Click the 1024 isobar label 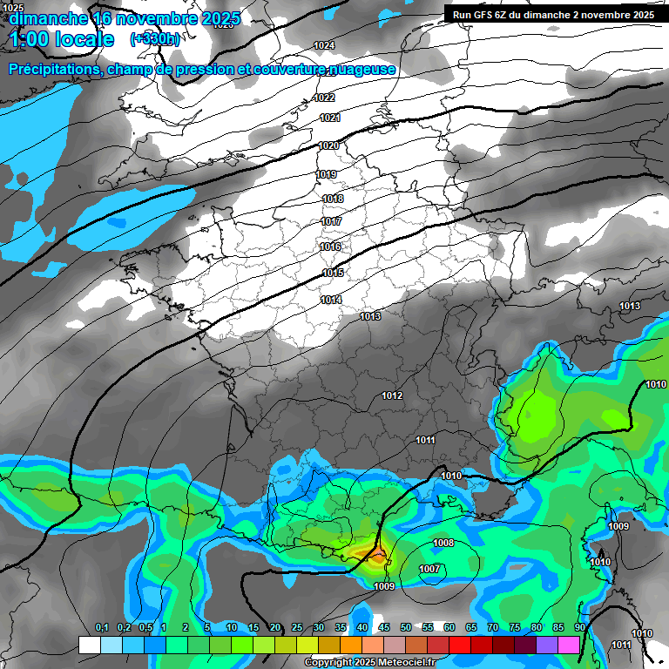pyautogui.click(x=324, y=45)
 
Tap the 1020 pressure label pyautogui.click(x=328, y=145)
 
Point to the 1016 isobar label pyautogui.click(x=330, y=247)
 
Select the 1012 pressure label pyautogui.click(x=392, y=395)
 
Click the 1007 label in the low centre pyautogui.click(x=429, y=569)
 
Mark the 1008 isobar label pyautogui.click(x=443, y=543)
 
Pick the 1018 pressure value pyautogui.click(x=333, y=199)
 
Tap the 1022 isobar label pyautogui.click(x=325, y=98)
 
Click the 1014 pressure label pyautogui.click(x=331, y=300)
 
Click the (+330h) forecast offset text pyautogui.click(x=155, y=39)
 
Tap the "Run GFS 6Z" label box pyautogui.click(x=554, y=15)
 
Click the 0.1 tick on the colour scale pyautogui.click(x=101, y=628)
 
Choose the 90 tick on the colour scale pyautogui.click(x=580, y=628)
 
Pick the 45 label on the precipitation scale pyautogui.click(x=384, y=628)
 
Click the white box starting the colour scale pyautogui.click(x=89, y=645)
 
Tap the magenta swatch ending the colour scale pyautogui.click(x=569, y=645)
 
